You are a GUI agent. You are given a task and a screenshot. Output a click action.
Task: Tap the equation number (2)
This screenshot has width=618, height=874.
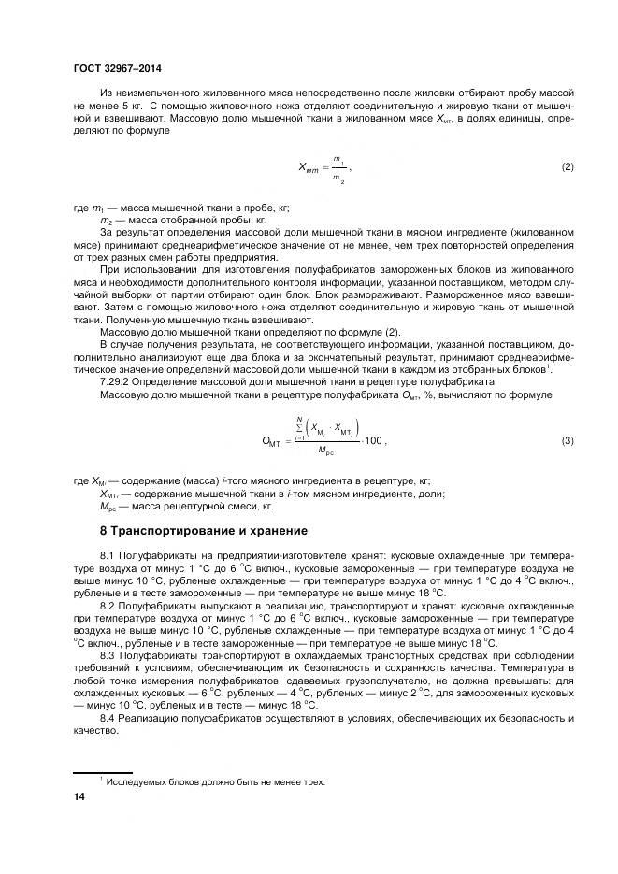point(567,167)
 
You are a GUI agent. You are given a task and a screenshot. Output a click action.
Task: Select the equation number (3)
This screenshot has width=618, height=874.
point(567,440)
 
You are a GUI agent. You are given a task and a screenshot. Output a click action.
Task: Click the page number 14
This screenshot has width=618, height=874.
point(79,795)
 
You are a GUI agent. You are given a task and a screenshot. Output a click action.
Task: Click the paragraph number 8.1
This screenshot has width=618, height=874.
point(108,556)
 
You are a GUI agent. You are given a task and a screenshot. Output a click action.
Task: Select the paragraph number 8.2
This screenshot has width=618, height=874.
point(108,606)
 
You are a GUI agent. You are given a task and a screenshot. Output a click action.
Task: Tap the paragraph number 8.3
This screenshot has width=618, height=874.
point(108,657)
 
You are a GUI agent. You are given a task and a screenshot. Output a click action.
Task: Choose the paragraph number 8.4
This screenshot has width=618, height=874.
point(108,717)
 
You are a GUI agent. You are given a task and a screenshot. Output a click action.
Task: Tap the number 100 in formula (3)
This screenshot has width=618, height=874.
point(372,440)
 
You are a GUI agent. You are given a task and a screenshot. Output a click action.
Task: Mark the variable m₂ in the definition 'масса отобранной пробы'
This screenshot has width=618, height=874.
point(106,221)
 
